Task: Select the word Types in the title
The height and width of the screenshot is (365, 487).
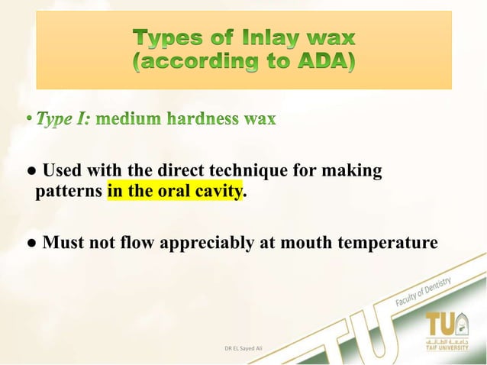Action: tap(166, 37)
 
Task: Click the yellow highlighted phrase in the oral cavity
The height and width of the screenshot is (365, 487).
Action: tap(174, 191)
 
